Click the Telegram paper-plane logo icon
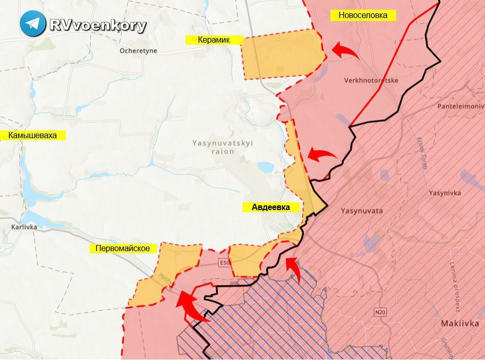33,24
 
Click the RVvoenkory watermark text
98,25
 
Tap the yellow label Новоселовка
363,15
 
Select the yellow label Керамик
213,39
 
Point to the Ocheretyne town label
138,51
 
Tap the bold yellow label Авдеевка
271,207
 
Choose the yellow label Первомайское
123,249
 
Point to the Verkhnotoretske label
371,81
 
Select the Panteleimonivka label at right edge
460,106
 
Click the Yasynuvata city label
361,211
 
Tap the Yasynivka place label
445,193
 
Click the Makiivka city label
460,324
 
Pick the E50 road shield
223,263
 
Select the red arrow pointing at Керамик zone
345,51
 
